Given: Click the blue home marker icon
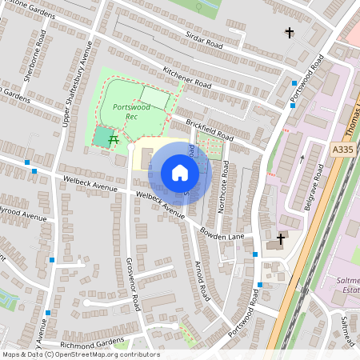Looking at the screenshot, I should click(180, 173).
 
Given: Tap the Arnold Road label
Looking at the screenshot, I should click(201, 280).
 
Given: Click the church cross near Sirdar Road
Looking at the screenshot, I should click(290, 33).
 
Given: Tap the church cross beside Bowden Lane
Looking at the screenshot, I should click(281, 238).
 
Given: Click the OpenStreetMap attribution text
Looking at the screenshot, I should click(80, 354).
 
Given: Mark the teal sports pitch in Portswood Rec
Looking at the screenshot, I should click(102, 137).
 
